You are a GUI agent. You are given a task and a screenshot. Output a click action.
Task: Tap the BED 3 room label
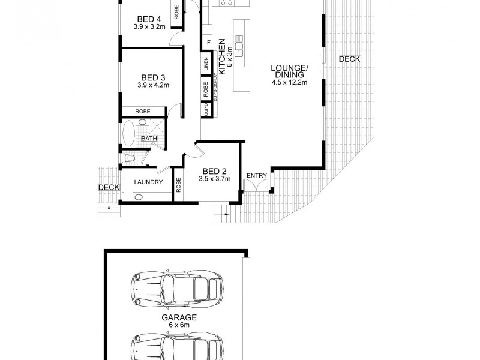pos(153,77)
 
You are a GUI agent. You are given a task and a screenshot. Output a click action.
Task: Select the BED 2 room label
pos(214,171)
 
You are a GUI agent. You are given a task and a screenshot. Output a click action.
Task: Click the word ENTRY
pos(257,175)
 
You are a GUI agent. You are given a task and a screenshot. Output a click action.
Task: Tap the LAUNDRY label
pos(148,182)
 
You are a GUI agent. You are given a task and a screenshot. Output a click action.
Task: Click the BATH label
pos(149,139)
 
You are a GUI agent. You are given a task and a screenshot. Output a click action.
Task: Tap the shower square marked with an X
pos(158,127)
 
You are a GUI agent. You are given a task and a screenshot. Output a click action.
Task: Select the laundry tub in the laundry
pos(139,197)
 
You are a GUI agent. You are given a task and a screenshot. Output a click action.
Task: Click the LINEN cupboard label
pos(206,64)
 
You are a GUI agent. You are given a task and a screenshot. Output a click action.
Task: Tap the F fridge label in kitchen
pos(208,42)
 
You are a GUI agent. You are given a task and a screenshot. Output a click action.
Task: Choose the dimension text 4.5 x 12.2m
pos(290,82)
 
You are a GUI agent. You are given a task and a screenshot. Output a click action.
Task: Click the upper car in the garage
pos(178,287)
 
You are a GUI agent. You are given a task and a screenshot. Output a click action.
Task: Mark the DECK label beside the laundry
pos(109,187)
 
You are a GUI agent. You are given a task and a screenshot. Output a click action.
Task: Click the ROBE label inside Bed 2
pos(179,185)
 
